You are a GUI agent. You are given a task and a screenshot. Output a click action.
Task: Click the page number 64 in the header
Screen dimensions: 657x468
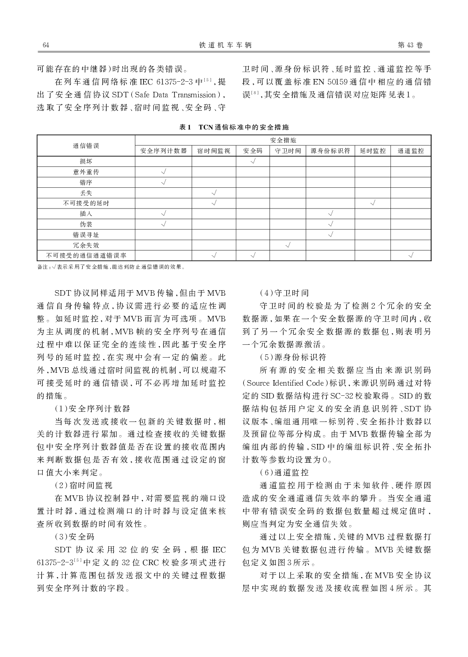(46, 45)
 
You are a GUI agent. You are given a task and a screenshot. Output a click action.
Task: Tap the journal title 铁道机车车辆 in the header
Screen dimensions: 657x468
(225, 45)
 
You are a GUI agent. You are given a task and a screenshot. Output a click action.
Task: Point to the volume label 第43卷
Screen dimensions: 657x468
(410, 45)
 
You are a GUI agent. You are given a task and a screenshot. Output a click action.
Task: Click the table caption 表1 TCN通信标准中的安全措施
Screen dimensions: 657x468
(234, 127)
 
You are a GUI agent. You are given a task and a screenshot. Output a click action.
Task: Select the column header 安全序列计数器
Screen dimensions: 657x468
(163, 151)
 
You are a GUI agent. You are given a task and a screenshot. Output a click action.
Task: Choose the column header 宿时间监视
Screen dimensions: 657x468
(214, 151)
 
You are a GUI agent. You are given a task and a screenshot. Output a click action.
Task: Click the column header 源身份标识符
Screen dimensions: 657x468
(330, 151)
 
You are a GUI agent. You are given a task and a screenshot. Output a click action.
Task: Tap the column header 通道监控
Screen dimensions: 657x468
(411, 151)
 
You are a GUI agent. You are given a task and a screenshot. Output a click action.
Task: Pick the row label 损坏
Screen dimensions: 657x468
(86, 162)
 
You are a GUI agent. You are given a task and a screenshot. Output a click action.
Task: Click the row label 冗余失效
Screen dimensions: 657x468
(86, 245)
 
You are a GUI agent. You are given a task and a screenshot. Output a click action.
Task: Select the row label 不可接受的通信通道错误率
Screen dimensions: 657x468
(86, 256)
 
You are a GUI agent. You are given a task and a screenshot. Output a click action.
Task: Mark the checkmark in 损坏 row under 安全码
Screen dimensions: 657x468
(253, 162)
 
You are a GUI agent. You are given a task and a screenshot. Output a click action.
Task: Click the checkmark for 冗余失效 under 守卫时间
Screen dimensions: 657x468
(288, 245)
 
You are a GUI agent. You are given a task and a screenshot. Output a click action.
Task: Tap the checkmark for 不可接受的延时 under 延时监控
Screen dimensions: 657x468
(373, 203)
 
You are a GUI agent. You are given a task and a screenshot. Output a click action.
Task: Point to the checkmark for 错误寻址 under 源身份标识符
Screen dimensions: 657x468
(330, 235)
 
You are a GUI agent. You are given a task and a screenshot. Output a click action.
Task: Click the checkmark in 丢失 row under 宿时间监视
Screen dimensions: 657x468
(214, 193)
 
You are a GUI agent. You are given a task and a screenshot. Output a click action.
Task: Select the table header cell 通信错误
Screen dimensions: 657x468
(86, 146)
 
